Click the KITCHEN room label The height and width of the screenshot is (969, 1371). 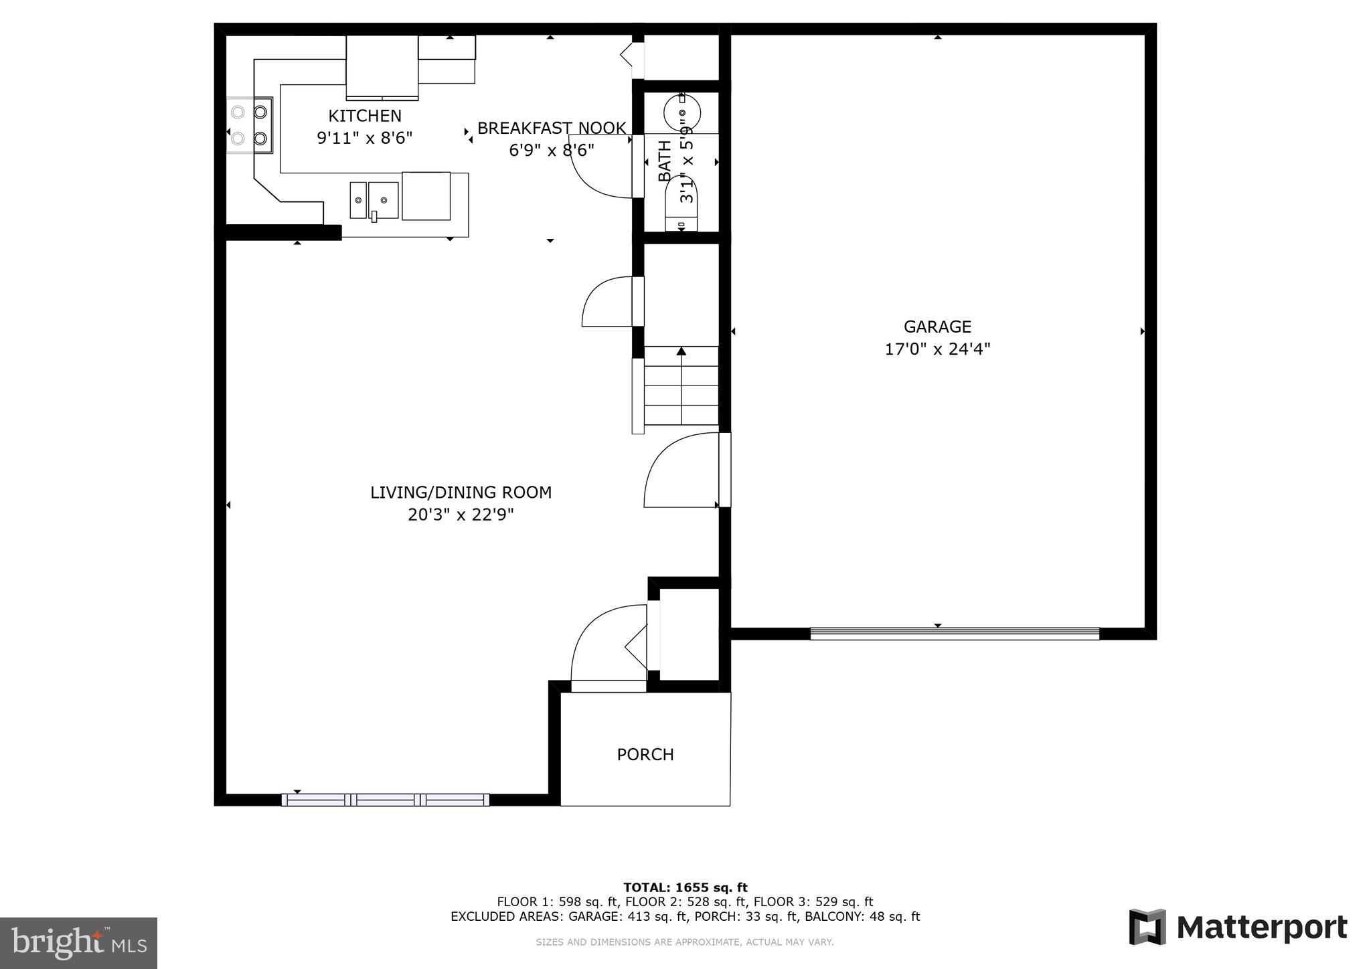[365, 116]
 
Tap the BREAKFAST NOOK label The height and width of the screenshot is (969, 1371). [551, 128]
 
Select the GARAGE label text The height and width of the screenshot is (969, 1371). [937, 327]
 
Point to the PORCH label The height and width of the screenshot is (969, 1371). [645, 754]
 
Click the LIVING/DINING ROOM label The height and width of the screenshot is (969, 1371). [461, 493]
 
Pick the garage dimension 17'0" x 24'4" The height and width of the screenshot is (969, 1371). [937, 349]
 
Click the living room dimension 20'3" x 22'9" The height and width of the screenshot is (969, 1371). [461, 515]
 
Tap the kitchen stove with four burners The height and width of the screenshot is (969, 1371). [249, 125]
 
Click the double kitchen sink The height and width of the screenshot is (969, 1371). [374, 200]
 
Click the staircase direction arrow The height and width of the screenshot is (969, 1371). [681, 352]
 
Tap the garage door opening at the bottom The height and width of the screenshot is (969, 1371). [954, 634]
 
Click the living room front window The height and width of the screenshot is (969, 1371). [385, 799]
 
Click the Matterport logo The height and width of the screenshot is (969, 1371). [1238, 928]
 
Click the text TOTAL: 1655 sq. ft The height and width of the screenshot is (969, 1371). [685, 888]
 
